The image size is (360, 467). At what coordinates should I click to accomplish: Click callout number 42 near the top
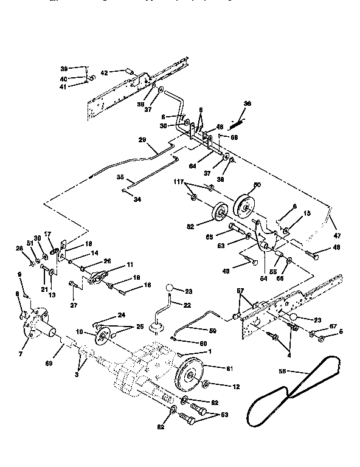coord(104,72)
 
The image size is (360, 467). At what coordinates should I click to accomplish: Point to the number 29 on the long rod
coord(142,140)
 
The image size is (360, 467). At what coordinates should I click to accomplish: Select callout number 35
coord(120,178)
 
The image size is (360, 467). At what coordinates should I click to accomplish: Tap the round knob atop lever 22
coord(171,288)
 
